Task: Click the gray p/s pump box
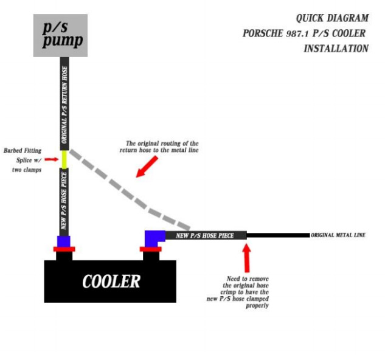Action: [x=60, y=36]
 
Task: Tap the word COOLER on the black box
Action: [x=111, y=282]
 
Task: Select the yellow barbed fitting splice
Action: [x=64, y=159]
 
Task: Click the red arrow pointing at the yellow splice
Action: [x=51, y=159]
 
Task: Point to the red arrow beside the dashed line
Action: [x=147, y=167]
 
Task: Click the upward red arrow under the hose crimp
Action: [x=247, y=258]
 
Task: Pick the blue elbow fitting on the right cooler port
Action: [x=153, y=239]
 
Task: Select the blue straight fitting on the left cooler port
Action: [x=64, y=241]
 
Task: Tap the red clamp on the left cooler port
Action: [x=64, y=249]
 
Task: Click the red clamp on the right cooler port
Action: [x=150, y=249]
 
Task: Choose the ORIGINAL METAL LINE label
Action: [x=338, y=235]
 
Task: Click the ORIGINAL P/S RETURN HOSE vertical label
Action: [x=64, y=105]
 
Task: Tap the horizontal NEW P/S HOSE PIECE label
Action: [x=205, y=236]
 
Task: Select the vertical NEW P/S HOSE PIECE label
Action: [x=64, y=201]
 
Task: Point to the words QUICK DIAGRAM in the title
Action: [x=332, y=18]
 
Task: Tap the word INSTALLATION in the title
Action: [x=336, y=49]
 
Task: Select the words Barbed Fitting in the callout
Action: [x=23, y=151]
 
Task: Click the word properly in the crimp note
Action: [x=257, y=306]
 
